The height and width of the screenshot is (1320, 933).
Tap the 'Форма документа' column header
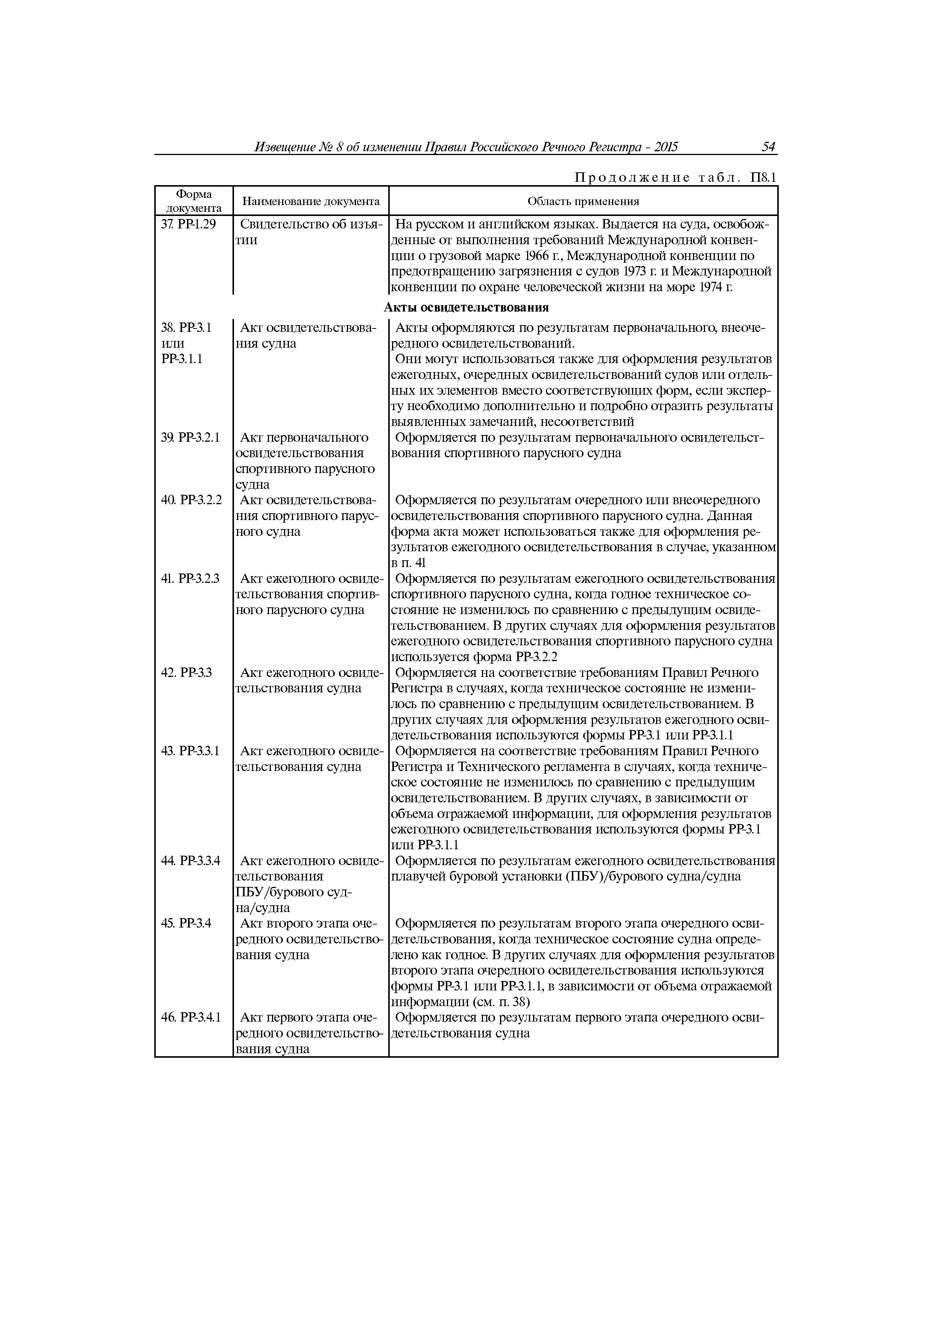pos(194,201)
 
